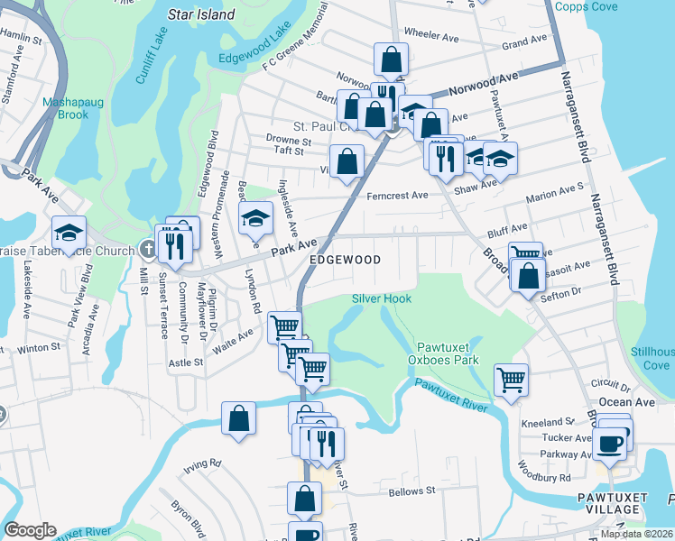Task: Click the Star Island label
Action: tap(202, 14)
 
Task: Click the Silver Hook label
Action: tap(381, 298)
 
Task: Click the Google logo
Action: tap(30, 530)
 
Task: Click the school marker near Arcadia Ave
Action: tap(69, 233)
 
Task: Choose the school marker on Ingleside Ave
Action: tap(255, 216)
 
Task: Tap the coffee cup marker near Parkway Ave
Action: tap(610, 443)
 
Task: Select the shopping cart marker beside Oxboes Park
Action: tap(511, 378)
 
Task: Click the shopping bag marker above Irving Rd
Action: tap(238, 418)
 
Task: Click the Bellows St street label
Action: tap(411, 491)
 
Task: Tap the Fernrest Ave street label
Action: tap(395, 195)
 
